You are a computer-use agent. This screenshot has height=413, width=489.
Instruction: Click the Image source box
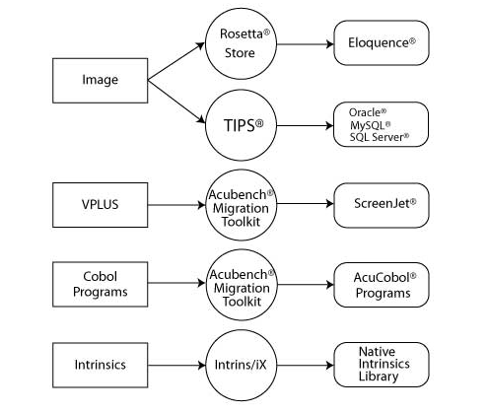pyautogui.click(x=101, y=81)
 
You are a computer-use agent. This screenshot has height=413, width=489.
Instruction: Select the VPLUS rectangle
pyautogui.click(x=101, y=205)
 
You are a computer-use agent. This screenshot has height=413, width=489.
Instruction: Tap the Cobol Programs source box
pyautogui.click(x=101, y=284)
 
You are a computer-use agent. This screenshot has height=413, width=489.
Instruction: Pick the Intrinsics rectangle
pyautogui.click(x=101, y=365)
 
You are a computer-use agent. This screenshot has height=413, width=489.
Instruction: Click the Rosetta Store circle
pyautogui.click(x=241, y=43)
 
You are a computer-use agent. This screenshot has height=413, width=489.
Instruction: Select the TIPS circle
pyautogui.click(x=241, y=125)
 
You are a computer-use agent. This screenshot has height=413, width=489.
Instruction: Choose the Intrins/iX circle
pyautogui.click(x=241, y=365)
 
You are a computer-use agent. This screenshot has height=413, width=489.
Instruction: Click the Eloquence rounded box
pyautogui.click(x=382, y=42)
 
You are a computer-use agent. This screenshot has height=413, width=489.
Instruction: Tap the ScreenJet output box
pyautogui.click(x=382, y=205)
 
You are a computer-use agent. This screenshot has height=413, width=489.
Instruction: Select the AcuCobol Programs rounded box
pyautogui.click(x=382, y=285)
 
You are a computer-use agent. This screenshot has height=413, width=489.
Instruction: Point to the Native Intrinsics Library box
pyautogui.click(x=382, y=365)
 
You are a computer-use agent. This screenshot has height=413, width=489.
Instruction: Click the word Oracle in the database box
pyautogui.click(x=365, y=112)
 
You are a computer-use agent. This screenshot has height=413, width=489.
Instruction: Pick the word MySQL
pyautogui.click(x=368, y=125)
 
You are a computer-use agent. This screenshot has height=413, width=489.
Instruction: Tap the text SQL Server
pyautogui.click(x=377, y=137)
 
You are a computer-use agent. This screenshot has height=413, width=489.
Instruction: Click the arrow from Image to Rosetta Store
pyautogui.click(x=176, y=61)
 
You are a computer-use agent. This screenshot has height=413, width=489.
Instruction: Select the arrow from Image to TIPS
pyautogui.click(x=176, y=102)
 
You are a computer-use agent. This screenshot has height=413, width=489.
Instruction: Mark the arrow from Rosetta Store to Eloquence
pyautogui.click(x=306, y=44)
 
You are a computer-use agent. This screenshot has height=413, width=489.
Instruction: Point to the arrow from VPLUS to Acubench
pyautogui.click(x=176, y=205)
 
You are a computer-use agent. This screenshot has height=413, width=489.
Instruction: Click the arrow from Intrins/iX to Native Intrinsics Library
pyautogui.click(x=306, y=365)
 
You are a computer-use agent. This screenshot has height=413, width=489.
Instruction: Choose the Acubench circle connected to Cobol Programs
pyautogui.click(x=242, y=285)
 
